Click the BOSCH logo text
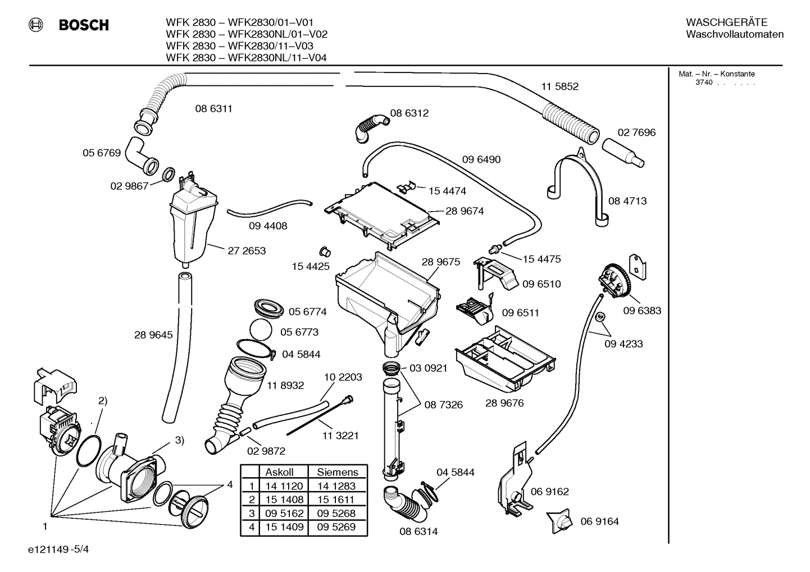(x=84, y=25)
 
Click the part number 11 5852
(x=559, y=86)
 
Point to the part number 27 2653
(x=247, y=251)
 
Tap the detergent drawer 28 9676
(x=506, y=359)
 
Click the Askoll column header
(x=279, y=472)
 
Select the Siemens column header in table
(x=337, y=472)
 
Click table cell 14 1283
(x=336, y=486)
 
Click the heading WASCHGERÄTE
(x=726, y=22)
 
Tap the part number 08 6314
(x=418, y=531)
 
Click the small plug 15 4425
(x=323, y=250)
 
